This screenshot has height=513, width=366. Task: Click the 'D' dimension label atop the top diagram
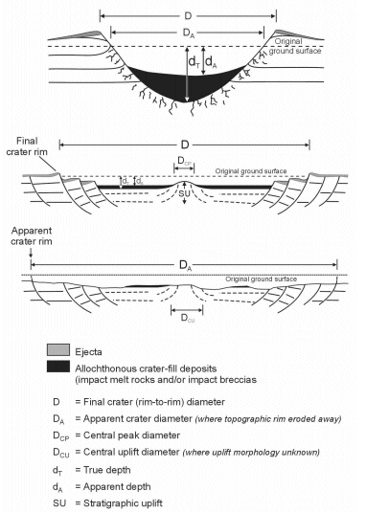[184, 13]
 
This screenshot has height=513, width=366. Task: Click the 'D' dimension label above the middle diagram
[184, 143]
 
